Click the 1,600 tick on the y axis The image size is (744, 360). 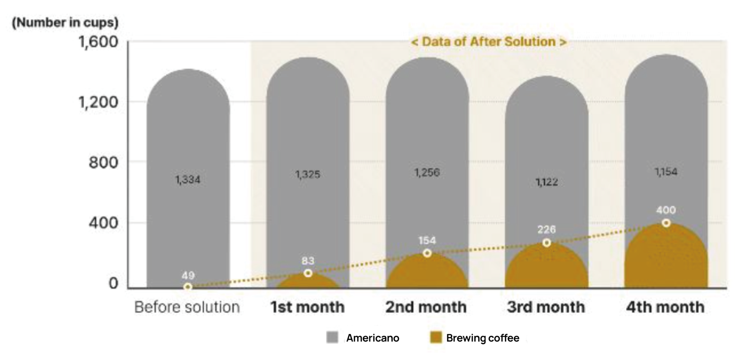coord(98,42)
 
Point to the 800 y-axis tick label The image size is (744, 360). coord(103,162)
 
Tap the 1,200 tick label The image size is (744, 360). coord(98,102)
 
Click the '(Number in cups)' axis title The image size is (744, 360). coord(65,22)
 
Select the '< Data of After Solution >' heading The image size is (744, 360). coord(489,41)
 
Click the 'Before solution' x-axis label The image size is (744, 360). coord(187,307)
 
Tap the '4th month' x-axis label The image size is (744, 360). coord(665,307)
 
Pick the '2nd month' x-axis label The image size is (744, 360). coord(426,307)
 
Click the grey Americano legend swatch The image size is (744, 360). coord(332,338)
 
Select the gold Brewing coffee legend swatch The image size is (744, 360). coord(436,338)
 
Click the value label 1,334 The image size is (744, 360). coord(188,179)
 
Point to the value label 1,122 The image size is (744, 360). coord(547,182)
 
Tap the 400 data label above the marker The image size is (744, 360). coord(666,210)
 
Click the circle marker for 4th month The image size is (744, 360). coord(666,223)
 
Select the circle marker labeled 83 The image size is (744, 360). coord(308,273)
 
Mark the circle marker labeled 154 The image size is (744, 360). coord(427,253)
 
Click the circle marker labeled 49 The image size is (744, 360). coord(188,287)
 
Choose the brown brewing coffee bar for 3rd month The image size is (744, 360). coord(546,269)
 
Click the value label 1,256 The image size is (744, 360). coord(427,172)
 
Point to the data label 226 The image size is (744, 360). coord(546,230)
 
